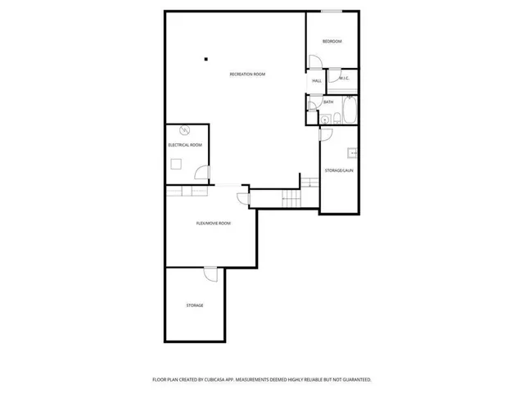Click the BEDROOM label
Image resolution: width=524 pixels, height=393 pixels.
[332, 42]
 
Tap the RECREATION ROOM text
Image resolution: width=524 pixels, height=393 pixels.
[247, 75]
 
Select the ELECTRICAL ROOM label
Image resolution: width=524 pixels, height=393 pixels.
[185, 145]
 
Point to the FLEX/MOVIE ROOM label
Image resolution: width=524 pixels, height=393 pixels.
[213, 223]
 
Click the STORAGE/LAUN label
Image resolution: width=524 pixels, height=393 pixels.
[339, 170]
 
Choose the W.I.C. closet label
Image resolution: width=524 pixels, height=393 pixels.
[344, 79]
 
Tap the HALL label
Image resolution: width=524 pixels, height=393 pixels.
[316, 81]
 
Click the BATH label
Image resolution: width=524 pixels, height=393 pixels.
[328, 102]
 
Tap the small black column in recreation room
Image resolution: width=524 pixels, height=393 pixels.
[206, 58]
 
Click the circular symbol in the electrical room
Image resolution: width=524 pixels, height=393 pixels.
[185, 129]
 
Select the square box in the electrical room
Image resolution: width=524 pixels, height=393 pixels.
[176, 163]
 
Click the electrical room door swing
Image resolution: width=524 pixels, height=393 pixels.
[200, 172]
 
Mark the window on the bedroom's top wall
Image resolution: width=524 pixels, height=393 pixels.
[331, 11]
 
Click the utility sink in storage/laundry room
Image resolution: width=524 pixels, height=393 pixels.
[352, 152]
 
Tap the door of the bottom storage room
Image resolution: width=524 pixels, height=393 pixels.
[210, 274]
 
